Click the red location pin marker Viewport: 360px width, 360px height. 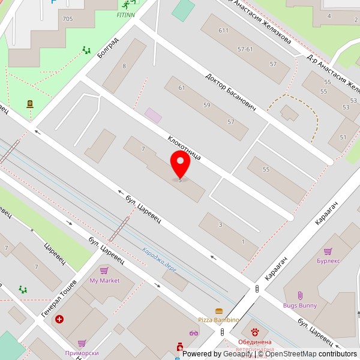(x=180, y=163)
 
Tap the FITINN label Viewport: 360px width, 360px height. (x=125, y=15)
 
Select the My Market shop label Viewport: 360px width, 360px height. (x=104, y=281)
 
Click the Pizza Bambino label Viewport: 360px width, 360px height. (x=218, y=320)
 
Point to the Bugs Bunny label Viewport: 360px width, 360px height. (x=300, y=305)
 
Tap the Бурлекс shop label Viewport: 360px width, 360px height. (x=328, y=260)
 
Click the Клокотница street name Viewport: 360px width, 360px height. (x=184, y=147)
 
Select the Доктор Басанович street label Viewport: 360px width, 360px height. (x=230, y=92)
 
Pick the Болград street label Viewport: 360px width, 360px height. (x=108, y=47)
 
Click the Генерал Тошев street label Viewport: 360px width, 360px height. (x=59, y=298)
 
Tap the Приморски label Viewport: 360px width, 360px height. (x=82, y=353)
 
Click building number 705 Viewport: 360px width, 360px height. (x=67, y=19)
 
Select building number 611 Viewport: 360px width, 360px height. (x=224, y=31)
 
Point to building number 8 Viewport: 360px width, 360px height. (x=124, y=66)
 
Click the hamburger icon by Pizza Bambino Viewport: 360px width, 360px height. (x=218, y=311)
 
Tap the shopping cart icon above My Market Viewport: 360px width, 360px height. (x=104, y=271)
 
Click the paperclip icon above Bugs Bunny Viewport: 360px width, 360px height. (x=300, y=296)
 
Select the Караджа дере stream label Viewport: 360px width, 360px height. (x=160, y=259)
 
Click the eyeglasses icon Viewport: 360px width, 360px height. (x=193, y=333)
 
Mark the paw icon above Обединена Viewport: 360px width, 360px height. (x=254, y=332)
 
